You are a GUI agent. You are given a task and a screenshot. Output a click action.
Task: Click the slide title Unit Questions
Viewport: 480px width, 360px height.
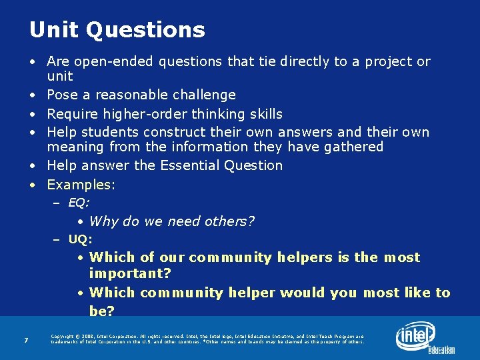pos(117,30)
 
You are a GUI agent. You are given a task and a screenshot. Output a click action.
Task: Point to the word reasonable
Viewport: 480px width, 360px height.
pos(127,95)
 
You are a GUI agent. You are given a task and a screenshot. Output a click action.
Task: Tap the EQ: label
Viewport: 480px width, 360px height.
pos(79,203)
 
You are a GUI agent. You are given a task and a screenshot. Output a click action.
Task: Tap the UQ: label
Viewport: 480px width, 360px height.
pos(80,239)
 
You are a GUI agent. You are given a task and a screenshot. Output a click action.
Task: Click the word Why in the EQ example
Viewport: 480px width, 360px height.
pos(104,221)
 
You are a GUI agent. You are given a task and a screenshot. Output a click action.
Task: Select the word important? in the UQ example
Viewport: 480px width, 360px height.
pos(130,274)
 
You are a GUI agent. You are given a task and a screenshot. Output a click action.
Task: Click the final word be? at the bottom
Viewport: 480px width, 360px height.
pos(102,311)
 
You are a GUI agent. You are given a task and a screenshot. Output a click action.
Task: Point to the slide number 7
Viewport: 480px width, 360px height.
pos(25,341)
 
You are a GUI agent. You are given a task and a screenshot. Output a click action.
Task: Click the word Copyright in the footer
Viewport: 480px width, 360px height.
pos(64,337)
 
